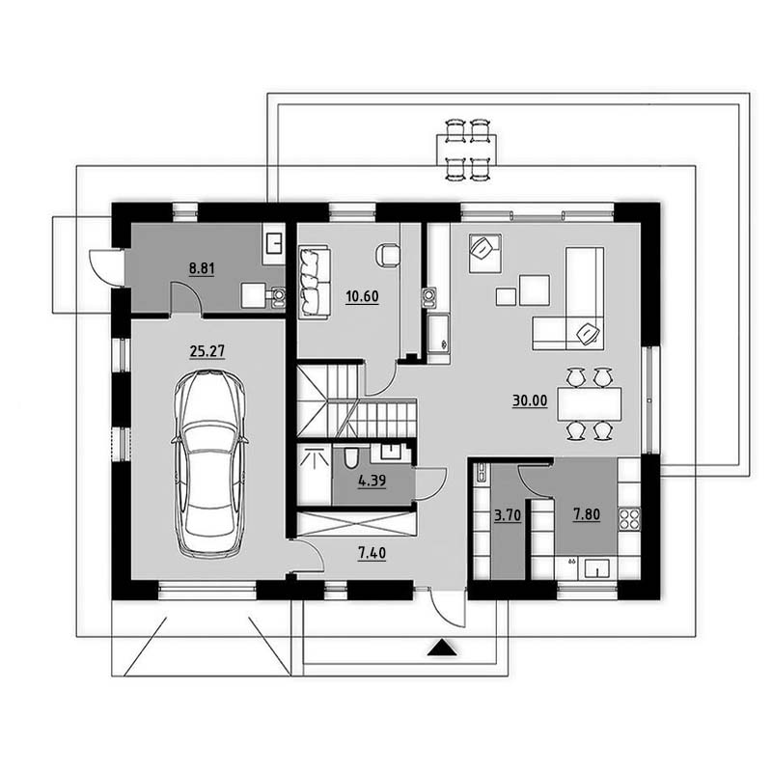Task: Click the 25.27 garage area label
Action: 207,351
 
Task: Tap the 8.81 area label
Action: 202,269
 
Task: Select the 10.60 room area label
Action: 362,297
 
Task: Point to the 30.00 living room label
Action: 530,400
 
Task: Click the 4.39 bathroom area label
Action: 372,481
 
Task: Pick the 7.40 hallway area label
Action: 372,553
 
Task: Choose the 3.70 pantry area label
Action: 508,516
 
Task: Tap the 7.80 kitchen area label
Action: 587,515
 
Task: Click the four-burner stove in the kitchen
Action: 629,518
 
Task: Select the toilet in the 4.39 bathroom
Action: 350,458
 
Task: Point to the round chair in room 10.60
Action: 388,255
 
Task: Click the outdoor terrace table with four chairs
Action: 466,151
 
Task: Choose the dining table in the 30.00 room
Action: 589,404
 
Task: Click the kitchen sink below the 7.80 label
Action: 596,568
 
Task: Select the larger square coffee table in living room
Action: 535,290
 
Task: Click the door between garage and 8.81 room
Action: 186,297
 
